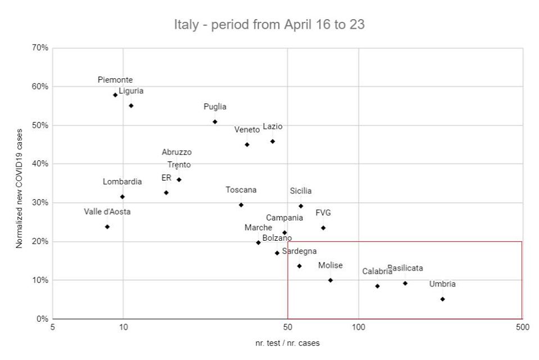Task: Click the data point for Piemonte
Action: (x=115, y=95)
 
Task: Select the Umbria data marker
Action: (x=442, y=299)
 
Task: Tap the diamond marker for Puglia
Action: (x=215, y=122)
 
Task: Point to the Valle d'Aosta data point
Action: (x=107, y=227)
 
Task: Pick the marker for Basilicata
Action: (x=405, y=283)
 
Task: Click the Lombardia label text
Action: (x=122, y=182)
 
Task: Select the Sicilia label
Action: (x=301, y=191)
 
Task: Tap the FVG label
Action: (x=323, y=213)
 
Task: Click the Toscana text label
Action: (x=241, y=190)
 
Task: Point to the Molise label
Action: (x=330, y=265)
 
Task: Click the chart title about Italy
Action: (x=270, y=25)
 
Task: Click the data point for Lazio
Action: (x=273, y=141)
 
